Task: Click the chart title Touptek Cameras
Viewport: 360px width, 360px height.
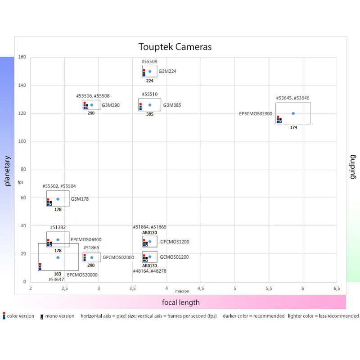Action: coord(175,47)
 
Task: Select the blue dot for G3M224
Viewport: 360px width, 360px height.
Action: coord(150,71)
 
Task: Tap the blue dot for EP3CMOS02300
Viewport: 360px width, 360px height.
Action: coord(293,113)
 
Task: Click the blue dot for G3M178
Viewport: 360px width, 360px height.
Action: coord(58,199)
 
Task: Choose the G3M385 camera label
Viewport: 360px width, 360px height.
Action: coord(171,105)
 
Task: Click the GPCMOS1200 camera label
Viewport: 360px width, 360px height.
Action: coord(175,242)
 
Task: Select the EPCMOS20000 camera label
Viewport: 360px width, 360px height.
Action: coord(82,274)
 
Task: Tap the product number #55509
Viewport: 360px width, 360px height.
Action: coord(150,62)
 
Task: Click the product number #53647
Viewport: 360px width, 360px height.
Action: coord(56,279)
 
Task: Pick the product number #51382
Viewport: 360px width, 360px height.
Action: coord(58,227)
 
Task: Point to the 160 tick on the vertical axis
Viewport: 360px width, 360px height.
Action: coord(22,57)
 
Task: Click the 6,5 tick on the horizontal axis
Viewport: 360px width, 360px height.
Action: coord(336,288)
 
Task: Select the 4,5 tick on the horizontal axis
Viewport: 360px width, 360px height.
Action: coord(200,288)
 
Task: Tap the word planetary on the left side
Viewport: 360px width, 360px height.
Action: coord(7,171)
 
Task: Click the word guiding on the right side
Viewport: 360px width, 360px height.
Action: coord(352,167)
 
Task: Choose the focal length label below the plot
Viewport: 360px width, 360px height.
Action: coord(181,302)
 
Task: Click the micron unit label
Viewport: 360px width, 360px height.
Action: coord(182,291)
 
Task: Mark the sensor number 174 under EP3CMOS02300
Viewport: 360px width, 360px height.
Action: coord(293,128)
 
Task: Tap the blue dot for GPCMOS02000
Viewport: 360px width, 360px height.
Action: coord(92,258)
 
